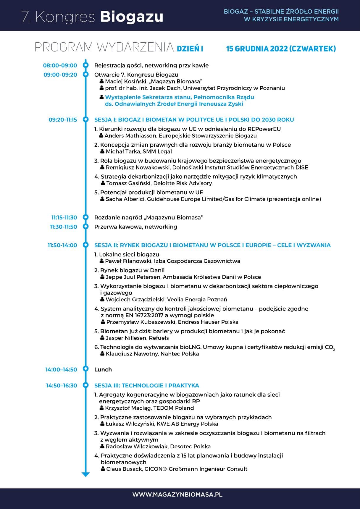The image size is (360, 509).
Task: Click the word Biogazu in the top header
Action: tap(132, 17)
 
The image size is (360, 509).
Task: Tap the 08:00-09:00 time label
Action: tap(60, 65)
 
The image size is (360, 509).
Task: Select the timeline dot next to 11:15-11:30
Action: tap(86, 217)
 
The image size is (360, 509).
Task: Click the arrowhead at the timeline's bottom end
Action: tap(85, 474)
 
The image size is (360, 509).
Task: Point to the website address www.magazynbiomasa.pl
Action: tap(177, 495)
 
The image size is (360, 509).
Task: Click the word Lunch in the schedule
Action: tap(103, 369)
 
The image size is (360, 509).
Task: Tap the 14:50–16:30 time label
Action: tap(61, 385)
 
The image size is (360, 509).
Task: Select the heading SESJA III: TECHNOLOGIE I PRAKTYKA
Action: tap(146, 385)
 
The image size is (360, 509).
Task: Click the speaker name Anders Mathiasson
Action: tap(130, 136)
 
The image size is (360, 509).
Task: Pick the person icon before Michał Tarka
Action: tap(102, 151)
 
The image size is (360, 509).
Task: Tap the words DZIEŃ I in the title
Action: tap(190, 49)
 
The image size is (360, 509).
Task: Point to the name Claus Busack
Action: tap(124, 469)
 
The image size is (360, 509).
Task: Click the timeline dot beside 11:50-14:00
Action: tap(86, 245)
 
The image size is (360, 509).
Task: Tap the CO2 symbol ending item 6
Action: tap(330, 348)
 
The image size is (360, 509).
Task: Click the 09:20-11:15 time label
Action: tap(63, 120)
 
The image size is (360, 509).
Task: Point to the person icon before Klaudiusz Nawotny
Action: tap(102, 354)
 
